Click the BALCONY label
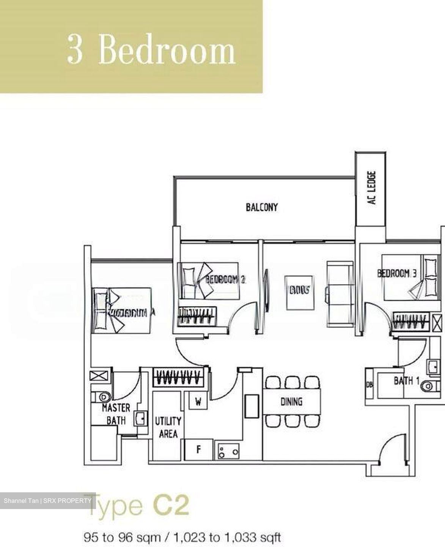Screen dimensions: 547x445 (262, 207)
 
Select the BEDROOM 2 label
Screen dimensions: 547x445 (225, 280)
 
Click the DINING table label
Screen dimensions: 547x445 (291, 401)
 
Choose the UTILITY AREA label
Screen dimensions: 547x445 (168, 427)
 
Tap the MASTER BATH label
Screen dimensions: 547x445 (116, 414)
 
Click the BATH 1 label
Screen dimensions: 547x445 (406, 381)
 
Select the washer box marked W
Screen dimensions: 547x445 (198, 402)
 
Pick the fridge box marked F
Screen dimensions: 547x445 (198, 450)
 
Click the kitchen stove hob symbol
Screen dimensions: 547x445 (228, 451)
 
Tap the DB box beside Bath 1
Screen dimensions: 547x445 (370, 385)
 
